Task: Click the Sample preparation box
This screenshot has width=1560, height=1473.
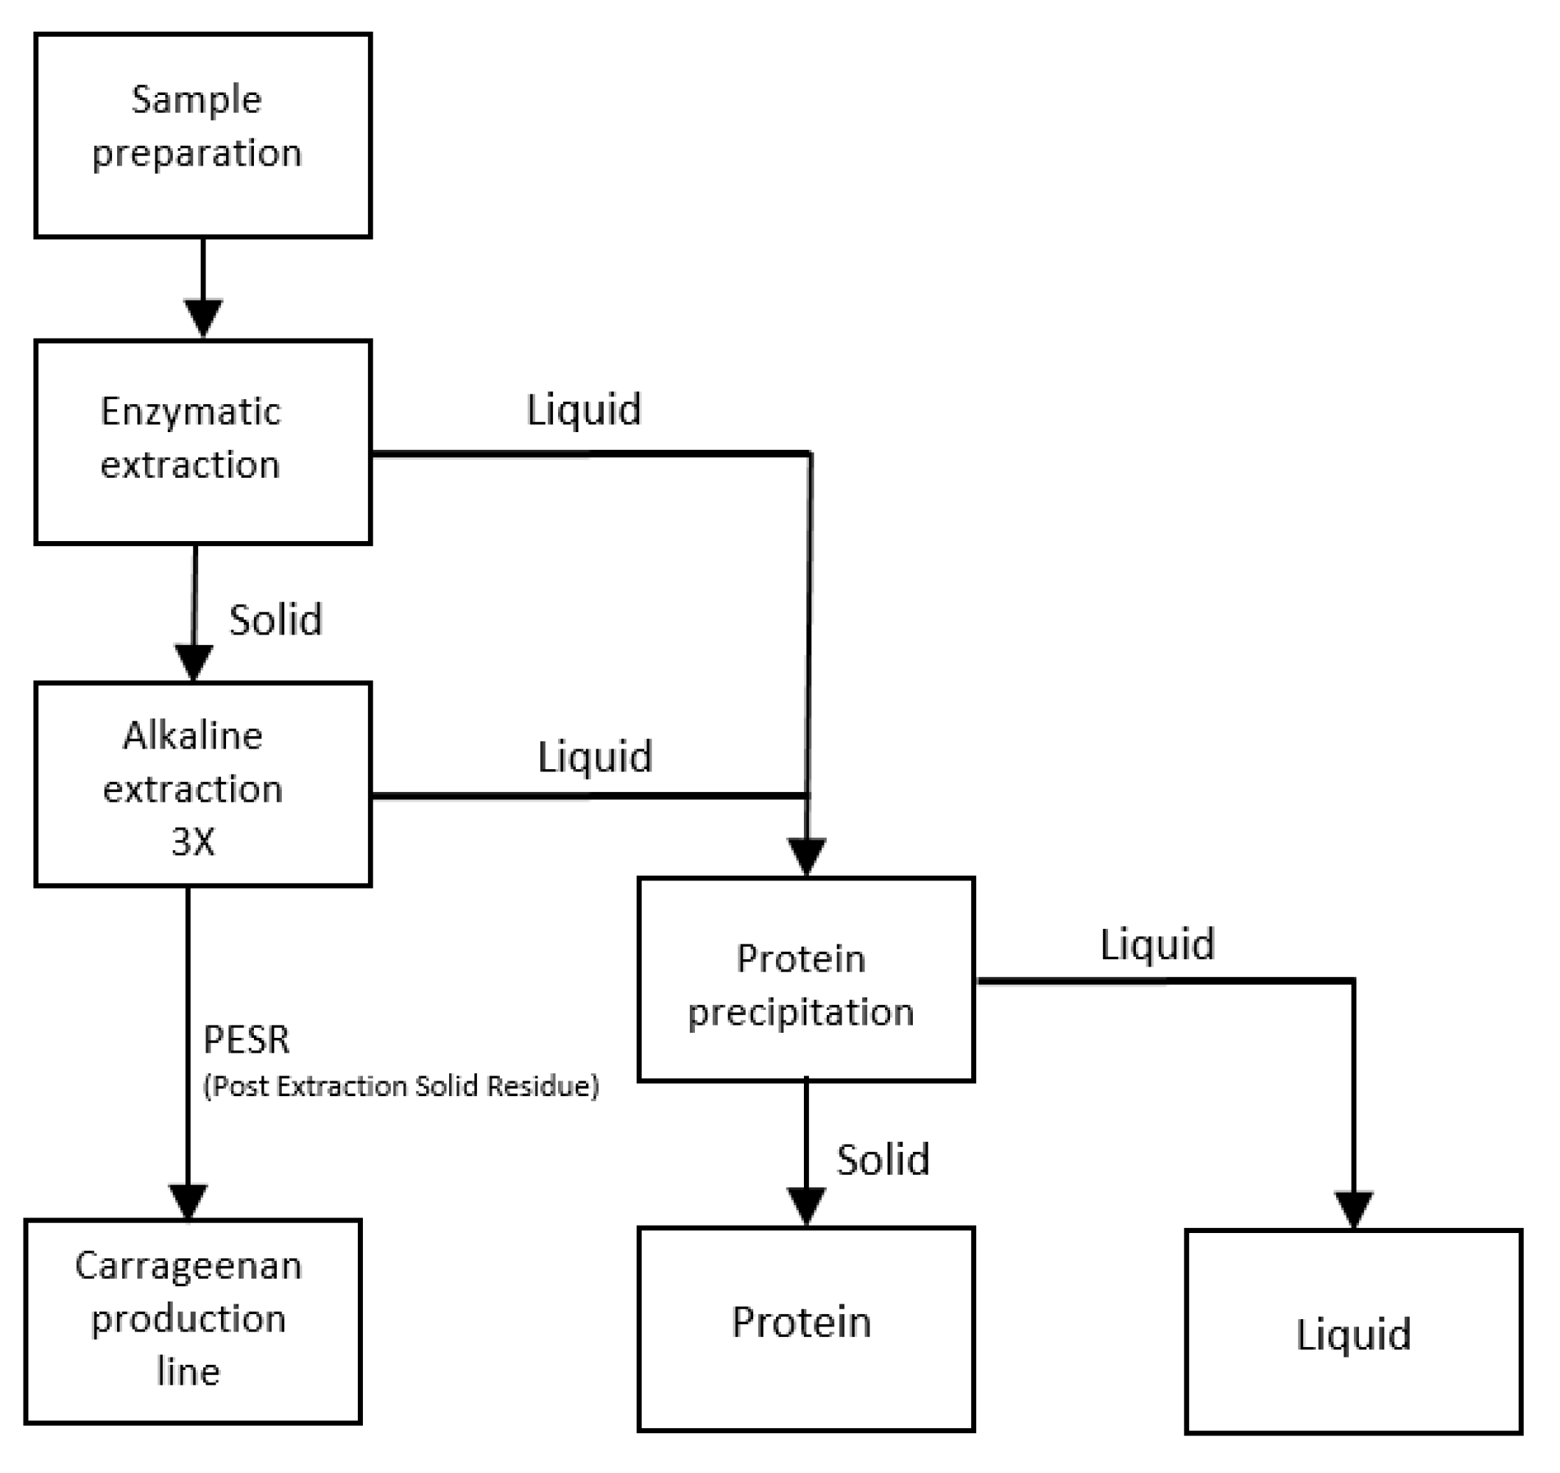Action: pyautogui.click(x=202, y=135)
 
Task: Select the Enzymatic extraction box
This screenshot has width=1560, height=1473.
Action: pyautogui.click(x=202, y=442)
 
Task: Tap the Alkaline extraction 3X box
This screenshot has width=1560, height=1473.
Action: pyautogui.click(x=202, y=785)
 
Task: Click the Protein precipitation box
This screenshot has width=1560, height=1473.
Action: pyautogui.click(x=806, y=980)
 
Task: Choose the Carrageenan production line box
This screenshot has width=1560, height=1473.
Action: pyautogui.click(x=193, y=1321)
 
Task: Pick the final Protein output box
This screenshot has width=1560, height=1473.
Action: pyautogui.click(x=806, y=1329)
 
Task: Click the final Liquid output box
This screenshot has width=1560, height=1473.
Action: pyautogui.click(x=1354, y=1332)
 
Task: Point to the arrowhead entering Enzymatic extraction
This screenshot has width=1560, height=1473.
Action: pyautogui.click(x=203, y=317)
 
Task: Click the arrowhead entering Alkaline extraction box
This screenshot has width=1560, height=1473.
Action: pyautogui.click(x=194, y=661)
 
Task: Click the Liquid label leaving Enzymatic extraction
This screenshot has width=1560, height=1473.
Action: pyautogui.click(x=583, y=410)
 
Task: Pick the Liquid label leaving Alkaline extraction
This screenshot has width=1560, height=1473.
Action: pyautogui.click(x=594, y=757)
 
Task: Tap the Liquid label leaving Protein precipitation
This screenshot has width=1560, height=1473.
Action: pyautogui.click(x=1157, y=944)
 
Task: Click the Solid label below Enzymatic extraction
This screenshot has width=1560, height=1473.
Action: pyautogui.click(x=275, y=621)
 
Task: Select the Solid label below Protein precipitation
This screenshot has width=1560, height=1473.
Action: pyautogui.click(x=883, y=1160)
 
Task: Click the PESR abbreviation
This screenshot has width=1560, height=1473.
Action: pyautogui.click(x=247, y=1039)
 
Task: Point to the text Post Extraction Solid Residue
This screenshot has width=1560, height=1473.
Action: pyautogui.click(x=401, y=1086)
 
